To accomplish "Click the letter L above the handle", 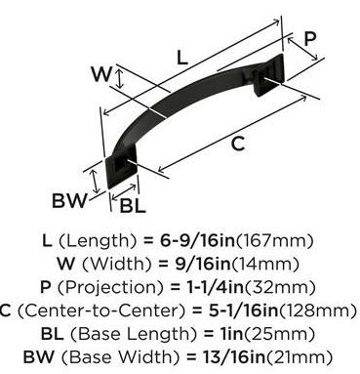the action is pyautogui.click(x=182, y=58).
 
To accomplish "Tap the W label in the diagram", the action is pyautogui.click(x=101, y=73).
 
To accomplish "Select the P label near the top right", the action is pyautogui.click(x=309, y=39).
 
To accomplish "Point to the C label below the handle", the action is pyautogui.click(x=238, y=144).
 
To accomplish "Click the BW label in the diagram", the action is pyautogui.click(x=70, y=200).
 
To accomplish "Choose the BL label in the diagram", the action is pyautogui.click(x=133, y=206).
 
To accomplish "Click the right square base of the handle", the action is pyautogui.click(x=268, y=76).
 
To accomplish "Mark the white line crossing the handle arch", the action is pyautogui.click(x=158, y=112).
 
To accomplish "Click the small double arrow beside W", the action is pyautogui.click(x=120, y=80).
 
